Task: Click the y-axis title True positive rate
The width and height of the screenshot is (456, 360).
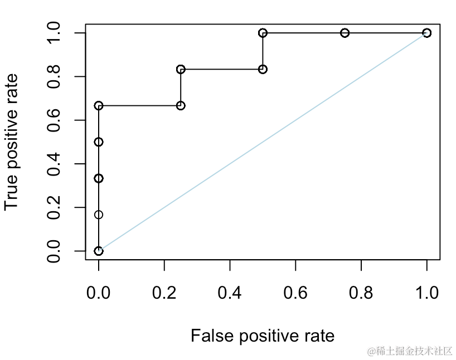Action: point(12,142)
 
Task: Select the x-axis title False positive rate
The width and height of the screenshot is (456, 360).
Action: point(263,336)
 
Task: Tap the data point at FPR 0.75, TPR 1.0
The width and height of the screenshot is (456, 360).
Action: point(345,33)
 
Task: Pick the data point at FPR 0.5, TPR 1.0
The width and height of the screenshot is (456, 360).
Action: point(263,33)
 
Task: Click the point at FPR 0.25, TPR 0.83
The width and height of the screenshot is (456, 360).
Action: point(181,69)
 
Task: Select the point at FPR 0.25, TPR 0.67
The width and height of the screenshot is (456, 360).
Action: point(181,105)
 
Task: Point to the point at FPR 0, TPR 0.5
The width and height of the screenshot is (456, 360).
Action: point(99,142)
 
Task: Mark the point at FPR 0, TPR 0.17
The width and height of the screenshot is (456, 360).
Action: point(99,215)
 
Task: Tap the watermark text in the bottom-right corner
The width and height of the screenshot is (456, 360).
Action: point(410,351)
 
